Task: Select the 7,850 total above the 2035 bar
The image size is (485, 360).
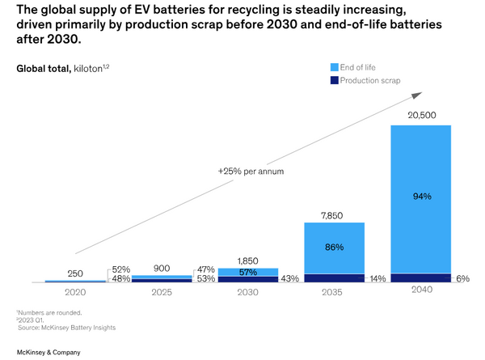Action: tap(335, 214)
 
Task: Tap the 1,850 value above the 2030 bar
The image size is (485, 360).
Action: tap(248, 260)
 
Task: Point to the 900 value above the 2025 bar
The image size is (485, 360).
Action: tap(161, 268)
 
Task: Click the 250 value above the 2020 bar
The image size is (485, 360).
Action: tap(74, 273)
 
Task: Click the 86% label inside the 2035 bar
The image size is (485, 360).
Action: tap(335, 246)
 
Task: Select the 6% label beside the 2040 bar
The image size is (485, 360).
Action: tap(462, 278)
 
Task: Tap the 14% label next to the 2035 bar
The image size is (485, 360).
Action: tap(376, 278)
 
